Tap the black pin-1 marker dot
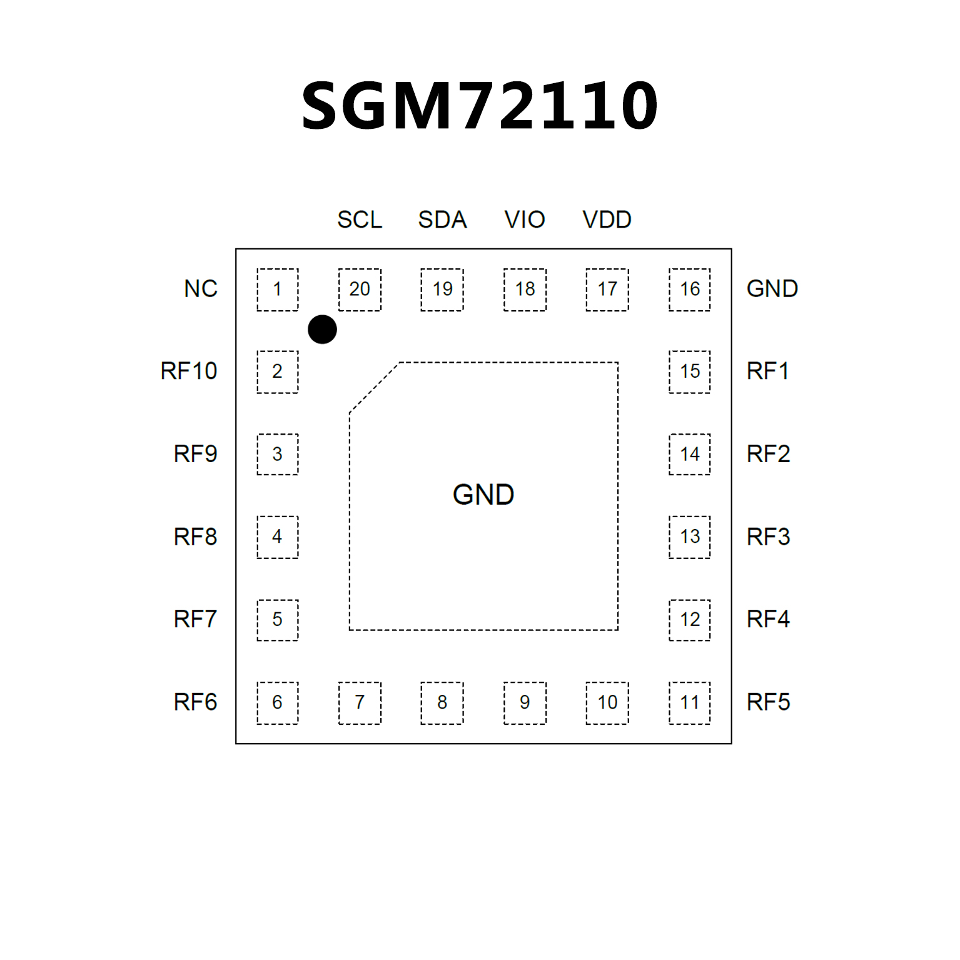tap(322, 330)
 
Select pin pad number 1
tap(277, 289)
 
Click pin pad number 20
tap(360, 289)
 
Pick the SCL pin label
tap(360, 220)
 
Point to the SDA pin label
tap(442, 220)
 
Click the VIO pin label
tap(525, 220)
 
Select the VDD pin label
tap(607, 220)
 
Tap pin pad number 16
tap(689, 289)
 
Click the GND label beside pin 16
tap(772, 289)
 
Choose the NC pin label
tap(201, 289)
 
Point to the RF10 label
tap(189, 371)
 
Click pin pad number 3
tap(277, 454)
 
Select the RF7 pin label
tap(195, 619)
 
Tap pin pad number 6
tap(277, 702)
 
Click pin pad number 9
tap(525, 702)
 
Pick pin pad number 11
tap(689, 702)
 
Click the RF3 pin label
tap(769, 537)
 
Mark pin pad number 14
tap(689, 454)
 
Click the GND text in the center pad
tap(483, 495)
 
